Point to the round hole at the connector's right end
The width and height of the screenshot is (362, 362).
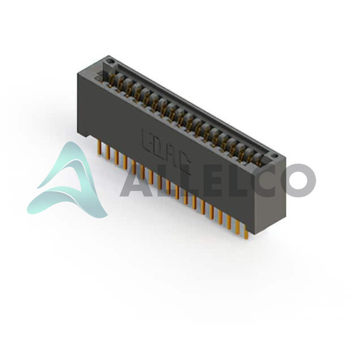(274, 156)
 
